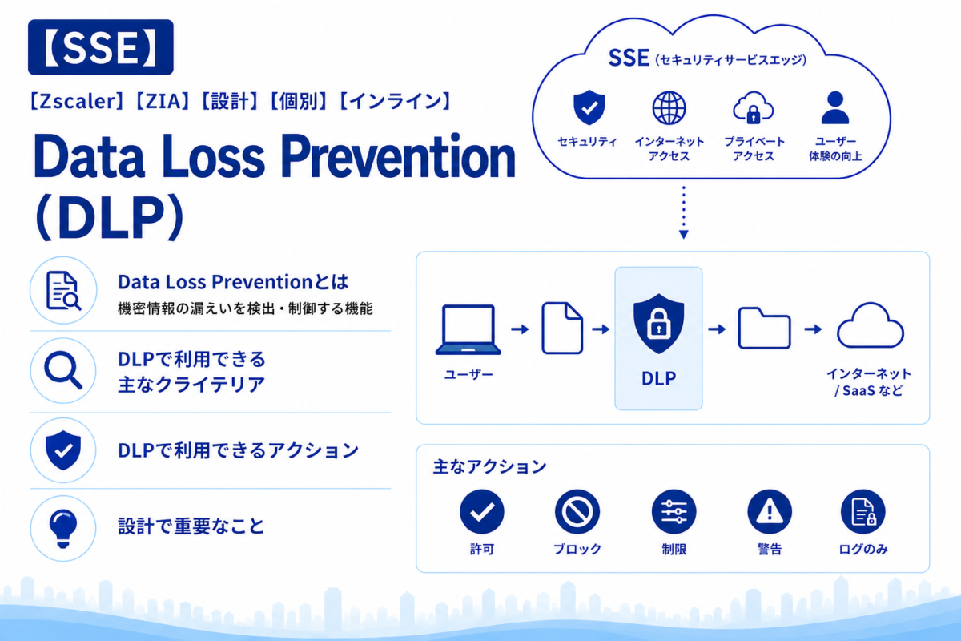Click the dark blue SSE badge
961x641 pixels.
101,47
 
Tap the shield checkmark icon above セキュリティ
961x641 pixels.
589,107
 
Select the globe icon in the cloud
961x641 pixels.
669,107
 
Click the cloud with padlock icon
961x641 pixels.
754,108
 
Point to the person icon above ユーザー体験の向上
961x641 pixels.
834,107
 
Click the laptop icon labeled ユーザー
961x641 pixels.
468,329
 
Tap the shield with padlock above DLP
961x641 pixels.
658,324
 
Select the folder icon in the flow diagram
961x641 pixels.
764,328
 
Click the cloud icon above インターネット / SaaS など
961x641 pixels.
871,325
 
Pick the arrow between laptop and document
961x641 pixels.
520,329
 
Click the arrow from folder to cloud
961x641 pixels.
813,329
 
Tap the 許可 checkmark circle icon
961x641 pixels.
482,511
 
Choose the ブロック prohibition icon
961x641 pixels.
577,511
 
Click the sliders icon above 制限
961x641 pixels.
674,511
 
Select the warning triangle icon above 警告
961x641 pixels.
770,511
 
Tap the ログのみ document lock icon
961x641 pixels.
862,511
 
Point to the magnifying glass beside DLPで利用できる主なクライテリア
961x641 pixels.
63,370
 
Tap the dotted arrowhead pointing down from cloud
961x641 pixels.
684,235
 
